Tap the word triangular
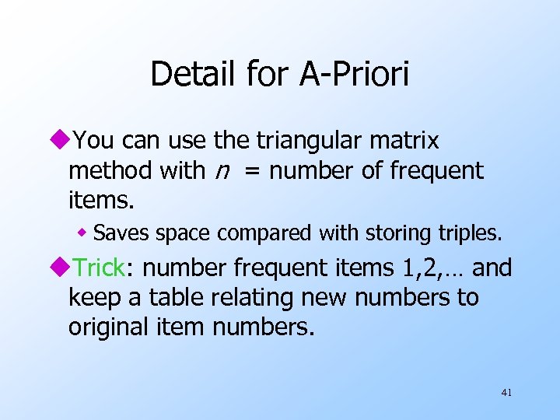309,141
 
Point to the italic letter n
222,171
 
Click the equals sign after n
252,171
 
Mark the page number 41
506,393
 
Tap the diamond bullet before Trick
61,268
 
